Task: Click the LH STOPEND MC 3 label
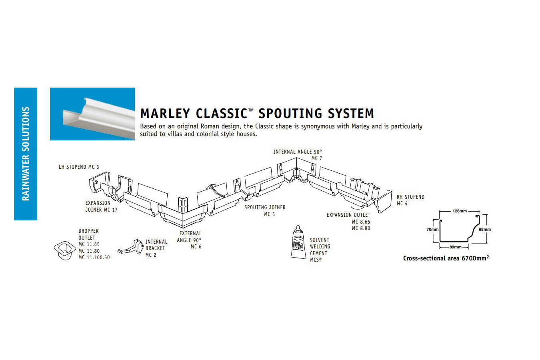[x=79, y=167]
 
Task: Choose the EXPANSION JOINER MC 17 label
[x=101, y=206]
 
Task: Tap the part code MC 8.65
[x=361, y=222]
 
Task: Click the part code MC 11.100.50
[x=94, y=258]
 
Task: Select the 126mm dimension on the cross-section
[x=460, y=211]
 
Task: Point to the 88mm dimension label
[x=485, y=230]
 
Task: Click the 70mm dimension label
[x=432, y=230]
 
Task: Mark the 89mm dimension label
[x=455, y=247]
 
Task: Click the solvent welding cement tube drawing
[x=298, y=242]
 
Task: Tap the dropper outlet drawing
[x=64, y=250]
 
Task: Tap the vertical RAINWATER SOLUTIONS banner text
[x=26, y=154]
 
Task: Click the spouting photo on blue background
[x=92, y=114]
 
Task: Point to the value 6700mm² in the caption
[x=475, y=258]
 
